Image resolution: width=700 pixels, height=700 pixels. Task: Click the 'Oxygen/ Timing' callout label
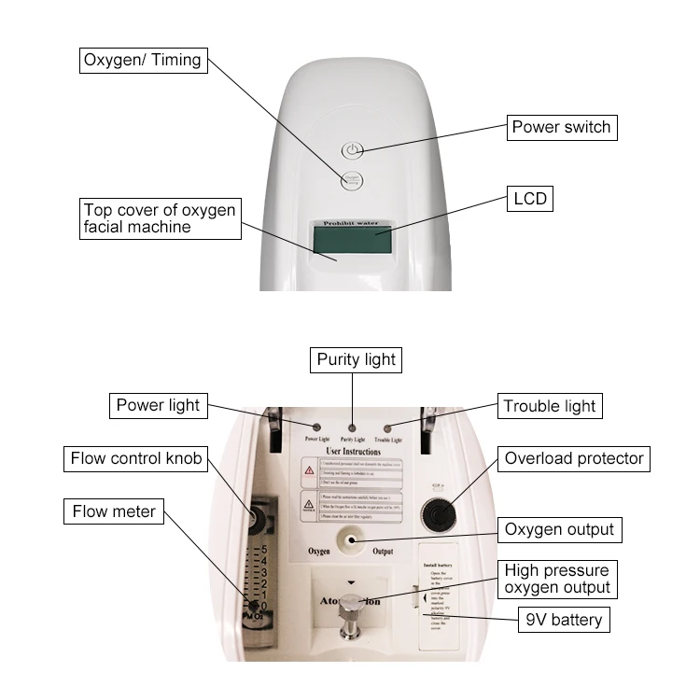coord(142,61)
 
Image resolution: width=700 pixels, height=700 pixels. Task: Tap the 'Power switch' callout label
coord(561,127)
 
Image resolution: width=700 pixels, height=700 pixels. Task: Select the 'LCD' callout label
coord(529,199)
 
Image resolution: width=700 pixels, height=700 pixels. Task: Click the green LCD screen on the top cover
coord(352,241)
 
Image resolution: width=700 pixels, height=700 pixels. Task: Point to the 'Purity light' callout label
coord(356,359)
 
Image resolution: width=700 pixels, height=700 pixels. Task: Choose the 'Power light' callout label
coord(158,405)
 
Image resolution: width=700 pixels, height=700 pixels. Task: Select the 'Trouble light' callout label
coord(549,406)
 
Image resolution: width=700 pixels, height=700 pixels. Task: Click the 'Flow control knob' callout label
coord(136,458)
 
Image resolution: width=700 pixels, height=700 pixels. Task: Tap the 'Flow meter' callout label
coord(115,511)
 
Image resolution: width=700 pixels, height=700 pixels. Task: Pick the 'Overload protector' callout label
coord(574,458)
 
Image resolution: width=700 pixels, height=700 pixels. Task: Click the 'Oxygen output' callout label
coord(560,529)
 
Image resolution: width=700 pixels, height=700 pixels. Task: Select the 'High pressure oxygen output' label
coord(557,579)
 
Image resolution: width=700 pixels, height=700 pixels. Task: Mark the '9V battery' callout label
coord(564,619)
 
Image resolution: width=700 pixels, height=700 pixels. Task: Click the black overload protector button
coord(437,511)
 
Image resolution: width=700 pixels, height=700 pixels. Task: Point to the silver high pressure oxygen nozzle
coord(350,613)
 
